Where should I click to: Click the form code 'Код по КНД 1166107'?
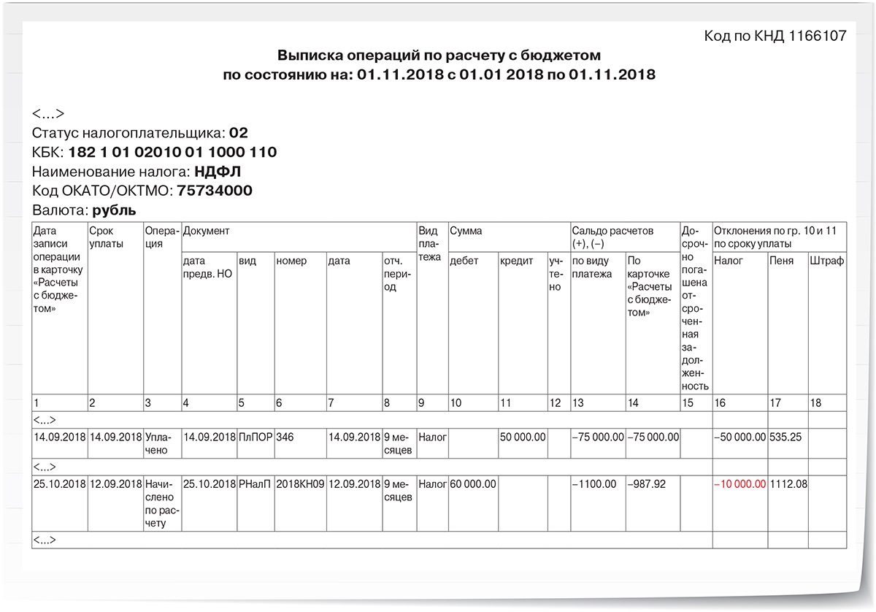775,36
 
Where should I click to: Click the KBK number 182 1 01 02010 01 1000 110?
172,153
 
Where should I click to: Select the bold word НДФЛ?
218,172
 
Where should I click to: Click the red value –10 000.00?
740,484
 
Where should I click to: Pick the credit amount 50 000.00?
523,437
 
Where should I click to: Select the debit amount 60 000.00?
473,484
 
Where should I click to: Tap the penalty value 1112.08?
788,484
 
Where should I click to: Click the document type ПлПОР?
255,437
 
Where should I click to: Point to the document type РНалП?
255,484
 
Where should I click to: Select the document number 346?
285,437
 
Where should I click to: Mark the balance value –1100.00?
595,484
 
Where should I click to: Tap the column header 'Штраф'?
827,261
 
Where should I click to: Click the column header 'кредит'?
516,261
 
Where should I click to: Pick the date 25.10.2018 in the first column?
60,484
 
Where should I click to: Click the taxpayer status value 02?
239,133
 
